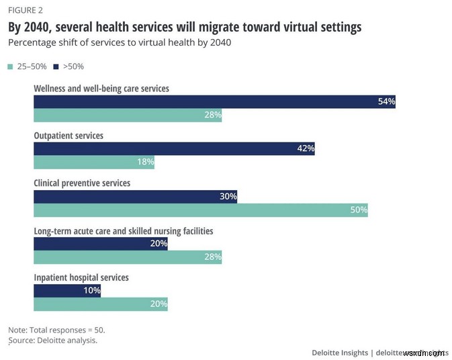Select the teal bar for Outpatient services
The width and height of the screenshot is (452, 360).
94,162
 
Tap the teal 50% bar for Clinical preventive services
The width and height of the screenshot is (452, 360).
201,210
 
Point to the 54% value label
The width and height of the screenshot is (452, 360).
386,102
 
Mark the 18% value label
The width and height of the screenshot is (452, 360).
145,162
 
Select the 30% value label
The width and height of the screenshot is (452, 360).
228,197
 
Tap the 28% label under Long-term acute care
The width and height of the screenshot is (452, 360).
212,257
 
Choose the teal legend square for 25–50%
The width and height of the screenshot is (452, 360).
10,66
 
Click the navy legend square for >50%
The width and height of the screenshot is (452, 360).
56,66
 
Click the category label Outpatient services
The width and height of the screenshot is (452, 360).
69,136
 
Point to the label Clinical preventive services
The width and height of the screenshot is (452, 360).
82,183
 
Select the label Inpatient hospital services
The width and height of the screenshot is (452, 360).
81,277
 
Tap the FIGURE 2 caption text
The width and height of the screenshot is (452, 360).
25,10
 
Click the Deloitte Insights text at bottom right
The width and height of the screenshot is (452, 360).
340,352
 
